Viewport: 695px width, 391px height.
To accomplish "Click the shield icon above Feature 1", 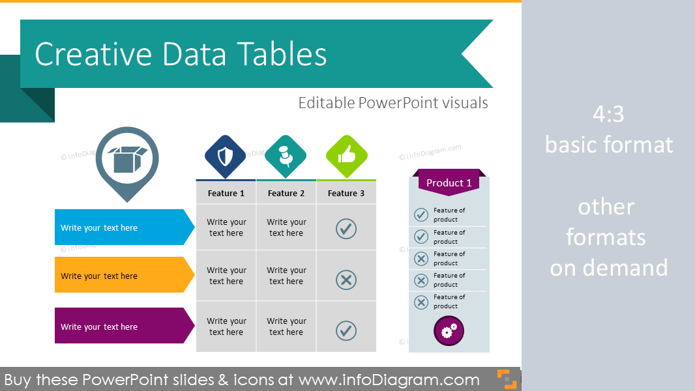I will (226, 156).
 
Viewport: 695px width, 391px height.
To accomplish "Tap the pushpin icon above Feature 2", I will (286, 156).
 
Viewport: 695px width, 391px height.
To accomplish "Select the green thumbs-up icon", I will (346, 156).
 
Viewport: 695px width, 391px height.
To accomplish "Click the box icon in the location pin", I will (127, 159).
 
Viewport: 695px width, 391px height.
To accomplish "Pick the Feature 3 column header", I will (346, 193).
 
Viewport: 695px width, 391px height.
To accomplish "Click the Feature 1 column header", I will (226, 193).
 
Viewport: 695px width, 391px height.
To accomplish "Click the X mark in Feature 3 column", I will (346, 280).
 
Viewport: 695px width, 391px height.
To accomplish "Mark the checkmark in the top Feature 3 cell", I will (346, 228).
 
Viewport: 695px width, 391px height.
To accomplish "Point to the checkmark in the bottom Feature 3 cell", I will (346, 330).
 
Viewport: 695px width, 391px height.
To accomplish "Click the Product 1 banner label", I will (449, 183).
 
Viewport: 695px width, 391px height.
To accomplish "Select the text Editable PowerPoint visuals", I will (393, 103).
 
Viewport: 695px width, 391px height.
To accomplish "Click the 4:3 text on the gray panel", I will (608, 115).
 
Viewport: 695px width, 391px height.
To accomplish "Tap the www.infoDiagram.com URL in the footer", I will (389, 380).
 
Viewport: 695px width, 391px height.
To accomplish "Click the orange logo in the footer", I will (507, 379).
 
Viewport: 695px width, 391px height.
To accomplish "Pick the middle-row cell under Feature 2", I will (286, 276).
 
